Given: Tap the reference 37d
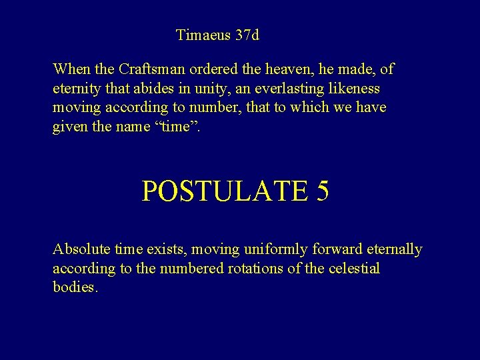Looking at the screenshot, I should (247, 35).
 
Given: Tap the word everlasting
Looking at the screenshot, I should (297, 88).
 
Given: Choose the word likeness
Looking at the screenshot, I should (355, 88).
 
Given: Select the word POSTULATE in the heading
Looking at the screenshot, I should (225, 191).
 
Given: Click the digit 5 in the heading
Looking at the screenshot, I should (323, 191).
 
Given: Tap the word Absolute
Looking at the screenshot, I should (81, 249).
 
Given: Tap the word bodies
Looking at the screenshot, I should (75, 288).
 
